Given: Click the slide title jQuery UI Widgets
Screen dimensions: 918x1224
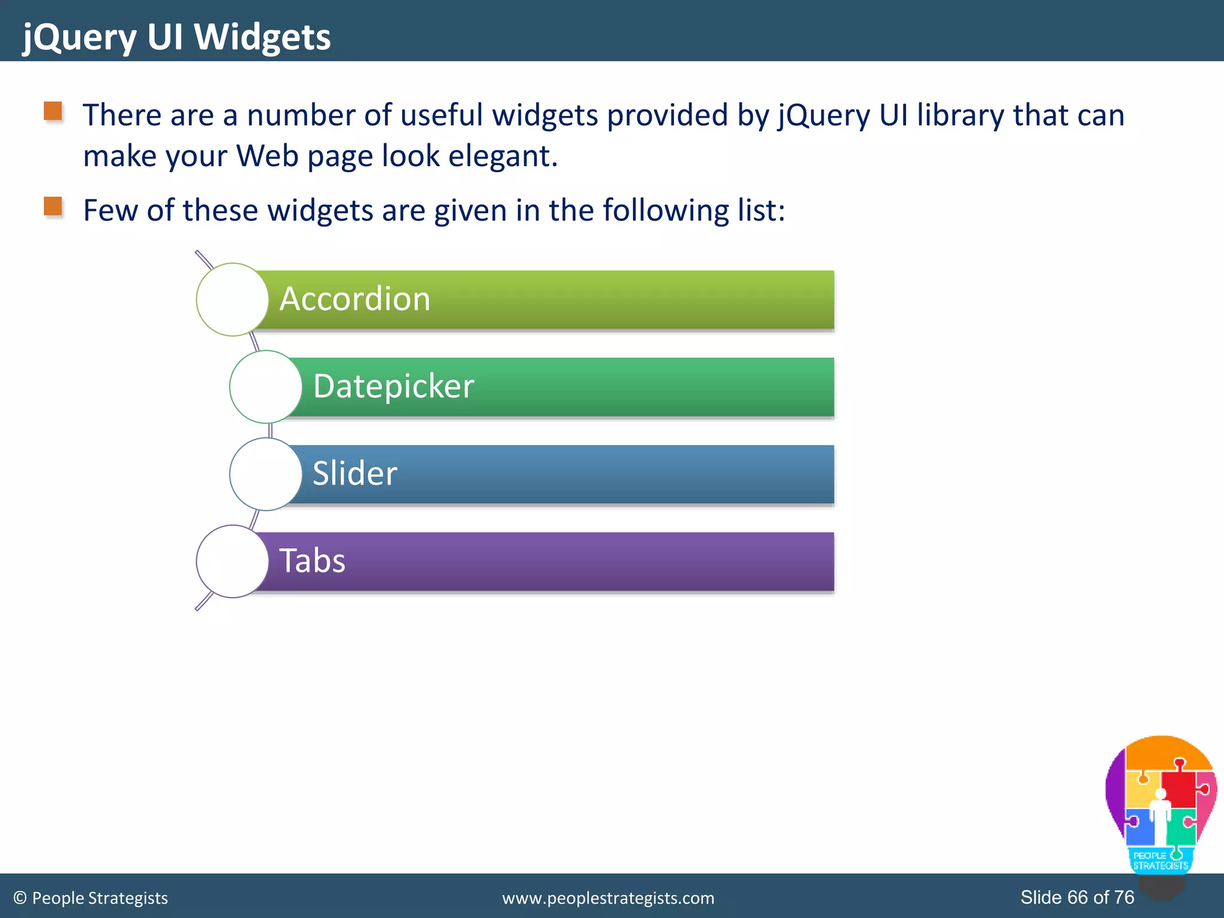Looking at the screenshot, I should [176, 37].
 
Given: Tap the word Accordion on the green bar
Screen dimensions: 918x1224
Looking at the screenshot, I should [354, 299].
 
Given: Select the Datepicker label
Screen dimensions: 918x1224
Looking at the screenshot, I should [393, 386].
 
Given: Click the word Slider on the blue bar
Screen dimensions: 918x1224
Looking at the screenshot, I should [354, 473].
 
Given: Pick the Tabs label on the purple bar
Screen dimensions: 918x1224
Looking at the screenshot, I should [312, 561].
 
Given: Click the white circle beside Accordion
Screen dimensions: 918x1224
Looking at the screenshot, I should [232, 299].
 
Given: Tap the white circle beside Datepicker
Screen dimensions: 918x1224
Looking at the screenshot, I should [265, 387].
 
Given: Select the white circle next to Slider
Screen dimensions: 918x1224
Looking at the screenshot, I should [265, 474].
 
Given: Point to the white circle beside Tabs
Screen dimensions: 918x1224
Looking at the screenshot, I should [232, 561].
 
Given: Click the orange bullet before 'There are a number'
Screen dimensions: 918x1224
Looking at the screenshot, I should [53, 111].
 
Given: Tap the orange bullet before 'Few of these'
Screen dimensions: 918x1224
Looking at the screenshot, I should [53, 206].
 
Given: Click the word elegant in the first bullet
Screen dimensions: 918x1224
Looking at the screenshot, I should [503, 156].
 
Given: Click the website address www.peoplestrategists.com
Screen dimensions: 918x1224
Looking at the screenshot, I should [608, 898].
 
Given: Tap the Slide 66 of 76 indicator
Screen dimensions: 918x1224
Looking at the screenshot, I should [1077, 897].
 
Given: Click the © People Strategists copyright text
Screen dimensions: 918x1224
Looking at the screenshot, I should [91, 898].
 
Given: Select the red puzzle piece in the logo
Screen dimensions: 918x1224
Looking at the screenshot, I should [1179, 788].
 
